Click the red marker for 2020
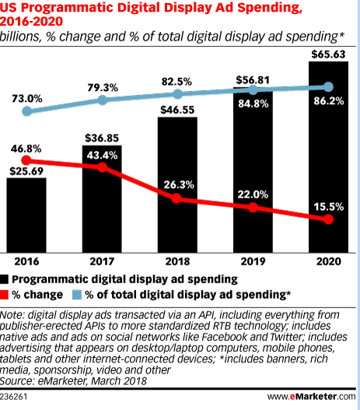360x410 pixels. coord(327,220)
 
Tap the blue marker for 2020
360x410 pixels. coord(327,86)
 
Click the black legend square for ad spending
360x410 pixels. coord(6,278)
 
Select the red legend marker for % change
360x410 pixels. coord(6,294)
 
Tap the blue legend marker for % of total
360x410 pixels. coord(78,294)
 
